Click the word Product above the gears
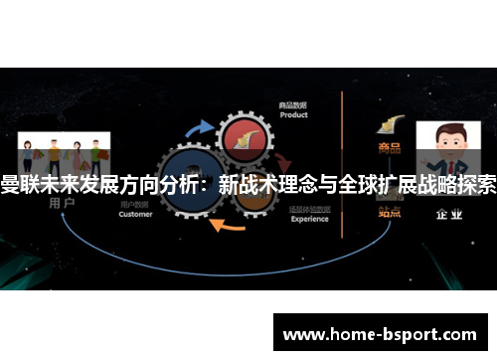click(x=293, y=114)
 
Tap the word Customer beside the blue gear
click(x=135, y=214)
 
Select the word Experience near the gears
click(x=309, y=219)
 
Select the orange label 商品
click(x=390, y=149)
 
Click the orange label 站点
click(x=390, y=211)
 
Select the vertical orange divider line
click(x=342, y=159)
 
